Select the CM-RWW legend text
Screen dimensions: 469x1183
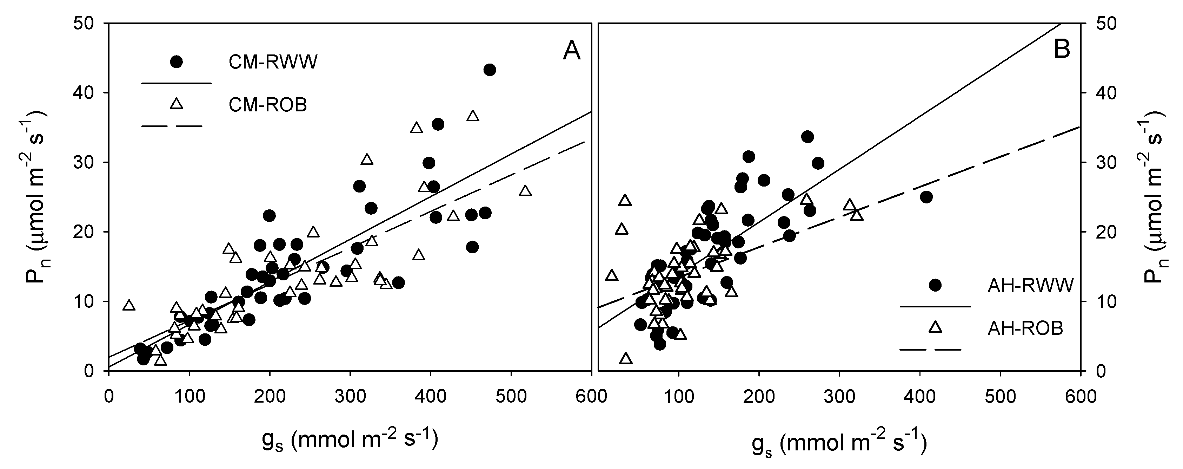[273, 62]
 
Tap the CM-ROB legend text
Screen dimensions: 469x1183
[268, 105]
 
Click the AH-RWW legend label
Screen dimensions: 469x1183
[1030, 286]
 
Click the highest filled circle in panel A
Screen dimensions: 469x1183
[490, 70]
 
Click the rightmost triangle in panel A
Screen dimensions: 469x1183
[525, 191]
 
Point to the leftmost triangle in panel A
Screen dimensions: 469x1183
[129, 305]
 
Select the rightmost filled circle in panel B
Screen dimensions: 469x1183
[926, 197]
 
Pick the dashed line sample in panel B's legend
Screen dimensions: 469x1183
[930, 350]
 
